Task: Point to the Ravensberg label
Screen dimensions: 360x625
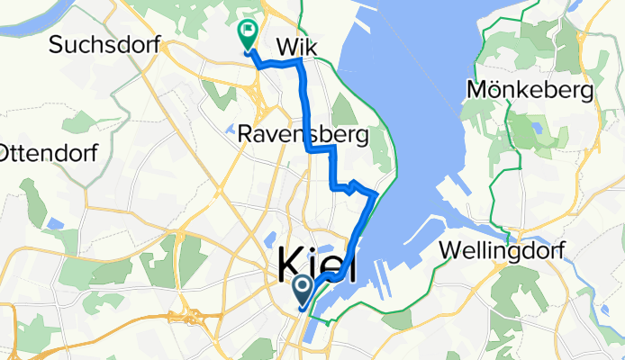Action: [x=303, y=135]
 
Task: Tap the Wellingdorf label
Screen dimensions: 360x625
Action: [x=502, y=251]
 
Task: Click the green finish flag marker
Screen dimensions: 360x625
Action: [x=246, y=33]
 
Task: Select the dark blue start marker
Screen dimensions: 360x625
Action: [x=302, y=290]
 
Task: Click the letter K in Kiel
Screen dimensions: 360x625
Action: [x=293, y=265]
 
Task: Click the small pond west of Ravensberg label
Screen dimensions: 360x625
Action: [x=231, y=128]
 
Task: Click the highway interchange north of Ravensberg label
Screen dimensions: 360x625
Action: [x=258, y=84]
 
